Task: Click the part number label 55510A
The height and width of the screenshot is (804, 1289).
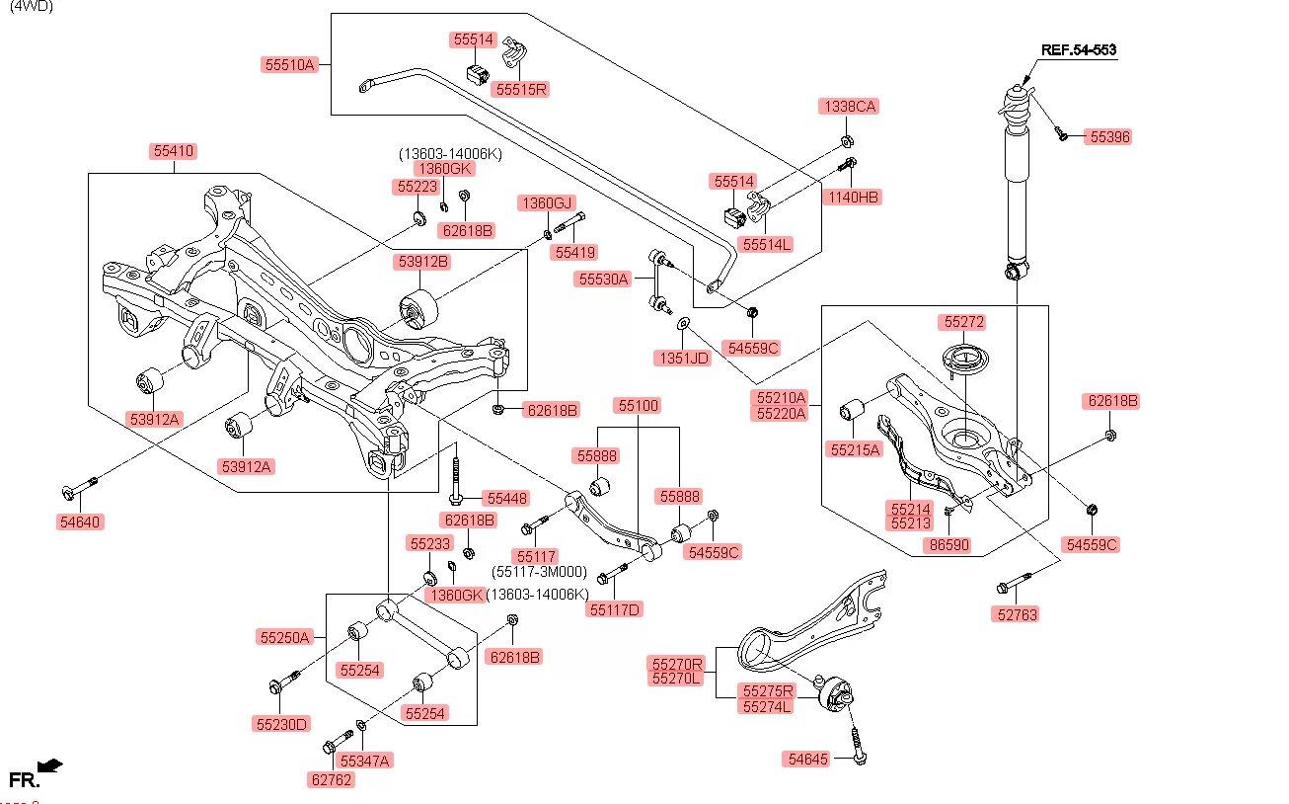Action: (289, 65)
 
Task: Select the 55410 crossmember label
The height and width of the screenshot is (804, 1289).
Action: (174, 151)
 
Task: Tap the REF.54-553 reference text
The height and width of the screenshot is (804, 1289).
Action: (1079, 49)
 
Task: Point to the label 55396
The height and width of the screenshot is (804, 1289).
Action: (1108, 137)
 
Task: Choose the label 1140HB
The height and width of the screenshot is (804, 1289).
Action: (854, 197)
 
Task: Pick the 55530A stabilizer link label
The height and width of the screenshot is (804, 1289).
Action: (603, 280)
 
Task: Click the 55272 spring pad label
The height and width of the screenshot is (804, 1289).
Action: (963, 322)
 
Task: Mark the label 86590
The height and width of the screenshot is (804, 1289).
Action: (948, 544)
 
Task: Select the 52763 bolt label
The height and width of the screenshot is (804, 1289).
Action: (1017, 613)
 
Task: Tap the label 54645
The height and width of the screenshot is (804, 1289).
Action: (808, 759)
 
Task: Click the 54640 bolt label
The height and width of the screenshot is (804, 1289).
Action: (80, 522)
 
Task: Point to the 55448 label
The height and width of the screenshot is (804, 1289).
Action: (504, 498)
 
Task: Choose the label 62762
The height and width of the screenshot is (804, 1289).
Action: (331, 779)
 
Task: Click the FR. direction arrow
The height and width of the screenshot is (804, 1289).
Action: (49, 765)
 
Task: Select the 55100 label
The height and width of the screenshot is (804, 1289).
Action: (638, 406)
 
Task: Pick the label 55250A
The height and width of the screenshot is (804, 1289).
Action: (284, 637)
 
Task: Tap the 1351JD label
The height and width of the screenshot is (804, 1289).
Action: (683, 358)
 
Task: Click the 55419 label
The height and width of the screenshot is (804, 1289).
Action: (574, 253)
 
